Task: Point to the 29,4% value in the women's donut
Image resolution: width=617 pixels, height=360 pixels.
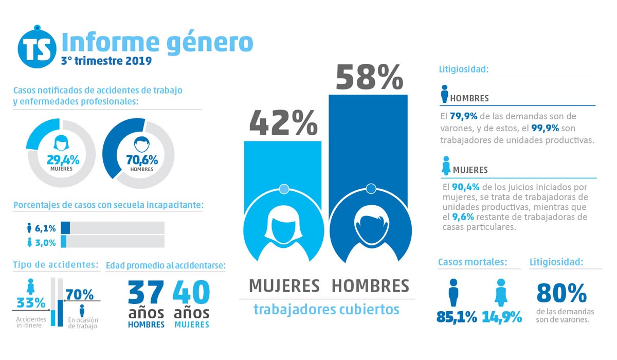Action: [x=61, y=159]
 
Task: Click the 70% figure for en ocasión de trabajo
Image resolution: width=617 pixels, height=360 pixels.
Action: [x=80, y=295]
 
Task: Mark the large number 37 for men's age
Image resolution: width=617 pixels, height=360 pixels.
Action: [x=146, y=293]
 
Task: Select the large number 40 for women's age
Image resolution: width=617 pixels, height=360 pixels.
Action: [x=191, y=293]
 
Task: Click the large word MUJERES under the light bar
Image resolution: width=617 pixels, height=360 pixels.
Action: [x=284, y=285]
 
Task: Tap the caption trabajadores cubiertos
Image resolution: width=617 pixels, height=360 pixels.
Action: [x=326, y=310]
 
